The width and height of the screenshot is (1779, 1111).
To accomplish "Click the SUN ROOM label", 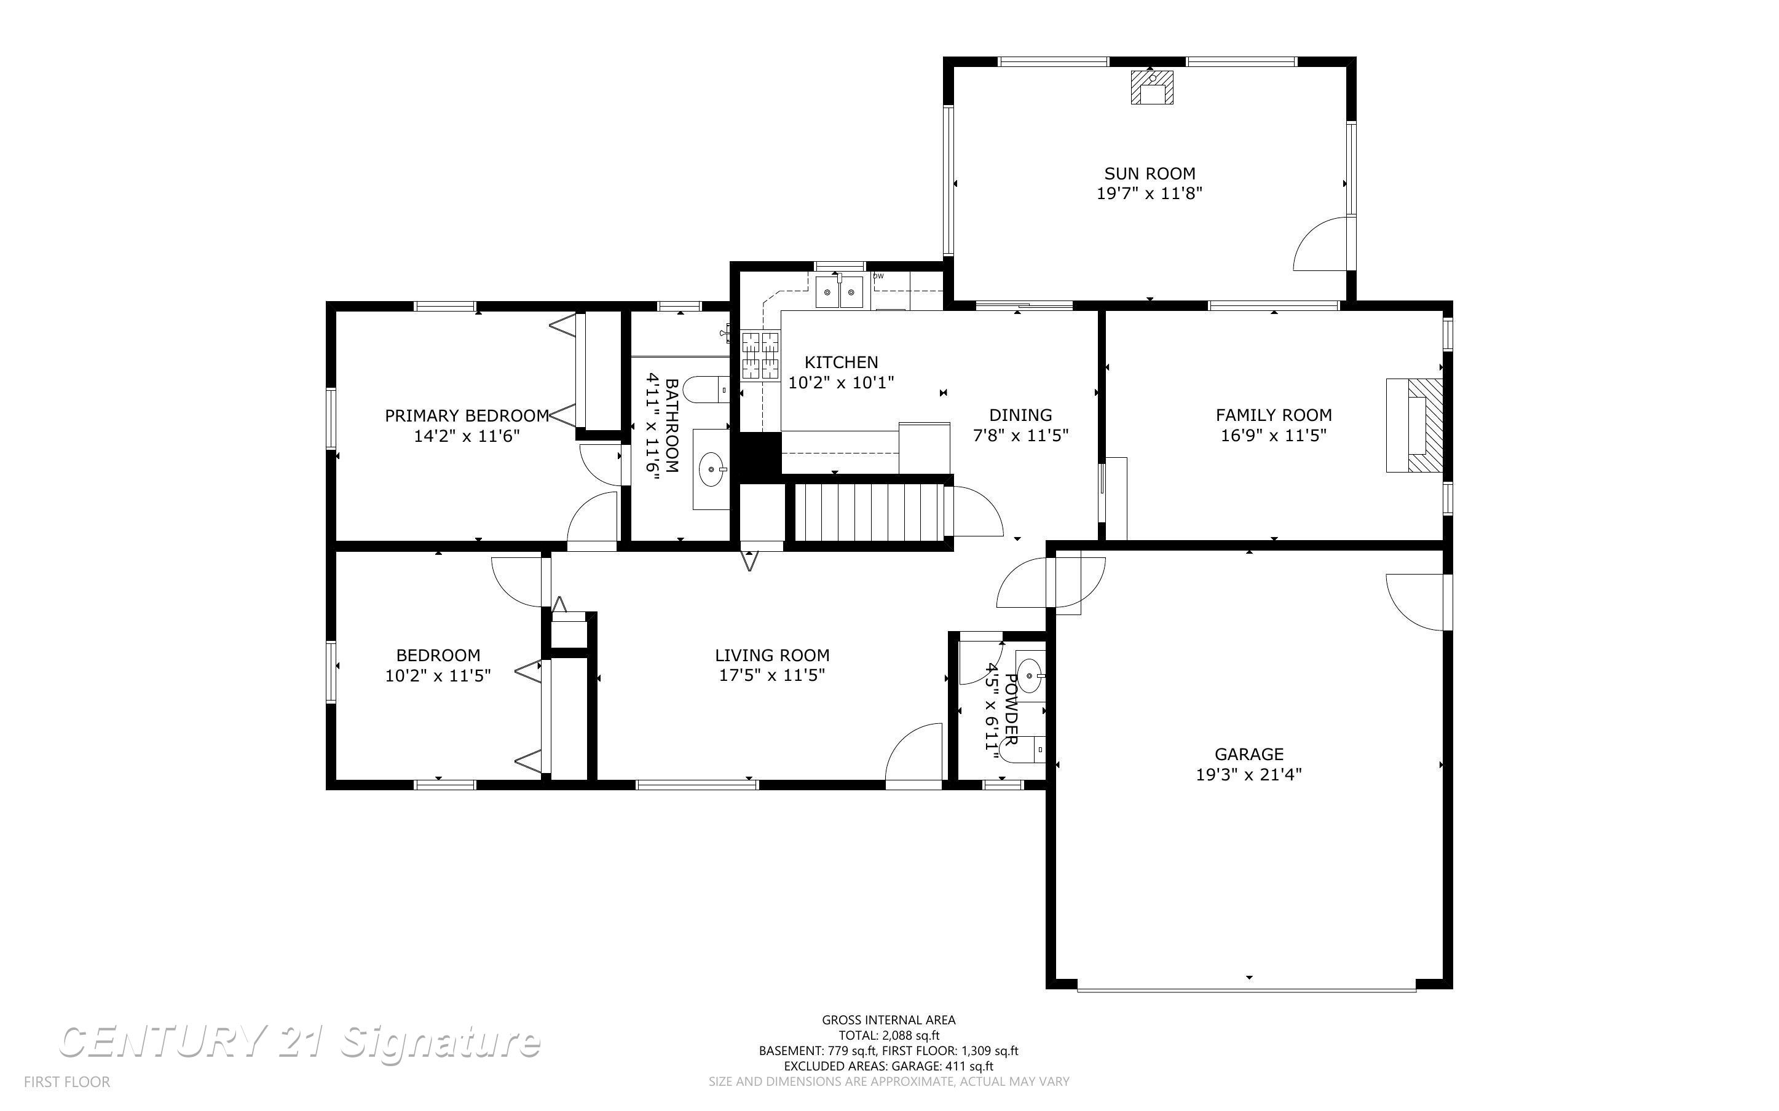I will (x=1150, y=173).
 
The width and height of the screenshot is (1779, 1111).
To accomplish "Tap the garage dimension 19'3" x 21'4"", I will (x=1248, y=774).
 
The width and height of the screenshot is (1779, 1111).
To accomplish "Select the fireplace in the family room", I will (x=1414, y=425).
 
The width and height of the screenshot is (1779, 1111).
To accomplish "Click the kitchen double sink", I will (x=839, y=292).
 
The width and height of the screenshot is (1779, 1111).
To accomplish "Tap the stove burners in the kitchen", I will (x=760, y=355).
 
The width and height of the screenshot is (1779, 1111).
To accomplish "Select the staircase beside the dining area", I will (x=869, y=511).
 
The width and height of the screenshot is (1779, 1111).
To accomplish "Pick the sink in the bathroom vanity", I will (x=711, y=469).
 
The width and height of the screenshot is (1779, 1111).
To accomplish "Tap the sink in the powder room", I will (x=1030, y=675).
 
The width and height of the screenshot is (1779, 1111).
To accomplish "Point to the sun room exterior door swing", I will (x=1321, y=245).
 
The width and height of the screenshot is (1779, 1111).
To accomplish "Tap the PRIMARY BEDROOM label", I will (x=467, y=416).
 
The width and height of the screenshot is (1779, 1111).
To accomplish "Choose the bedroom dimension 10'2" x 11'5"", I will (x=438, y=675).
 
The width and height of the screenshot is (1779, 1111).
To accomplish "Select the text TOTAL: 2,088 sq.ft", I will (x=888, y=1035).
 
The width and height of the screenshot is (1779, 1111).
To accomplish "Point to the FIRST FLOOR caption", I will (x=67, y=1082).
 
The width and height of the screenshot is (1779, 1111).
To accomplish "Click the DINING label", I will (x=1020, y=415).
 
